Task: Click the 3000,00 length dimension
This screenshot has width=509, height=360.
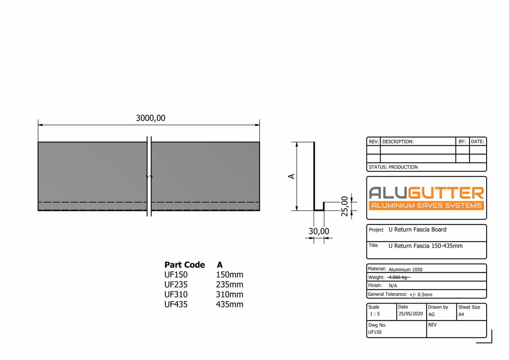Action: click(x=151, y=118)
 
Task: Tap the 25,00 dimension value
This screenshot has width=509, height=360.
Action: click(x=345, y=206)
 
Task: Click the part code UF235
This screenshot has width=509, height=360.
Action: click(x=176, y=284)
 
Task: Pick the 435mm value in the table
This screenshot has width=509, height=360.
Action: click(x=229, y=304)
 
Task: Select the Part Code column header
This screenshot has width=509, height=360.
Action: click(x=185, y=265)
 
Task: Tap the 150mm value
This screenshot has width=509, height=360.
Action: click(x=229, y=275)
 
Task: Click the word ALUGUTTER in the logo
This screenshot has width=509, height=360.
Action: click(x=426, y=193)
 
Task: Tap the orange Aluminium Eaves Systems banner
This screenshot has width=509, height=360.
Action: click(x=426, y=205)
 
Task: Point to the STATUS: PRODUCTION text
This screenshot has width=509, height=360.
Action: click(x=393, y=167)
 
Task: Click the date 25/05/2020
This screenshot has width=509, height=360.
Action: click(x=411, y=314)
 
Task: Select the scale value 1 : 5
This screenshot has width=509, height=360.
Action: click(x=375, y=314)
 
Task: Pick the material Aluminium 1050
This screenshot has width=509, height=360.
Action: click(x=406, y=269)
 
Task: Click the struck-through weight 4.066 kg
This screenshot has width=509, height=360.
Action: click(x=399, y=277)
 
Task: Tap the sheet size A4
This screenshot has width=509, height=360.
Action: click(x=461, y=315)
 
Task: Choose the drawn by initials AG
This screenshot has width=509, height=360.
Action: click(x=431, y=315)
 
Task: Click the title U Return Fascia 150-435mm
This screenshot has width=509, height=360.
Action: click(x=425, y=246)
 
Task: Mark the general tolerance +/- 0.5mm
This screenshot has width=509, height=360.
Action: click(x=420, y=294)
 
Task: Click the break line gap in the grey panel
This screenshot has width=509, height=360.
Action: click(x=149, y=176)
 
